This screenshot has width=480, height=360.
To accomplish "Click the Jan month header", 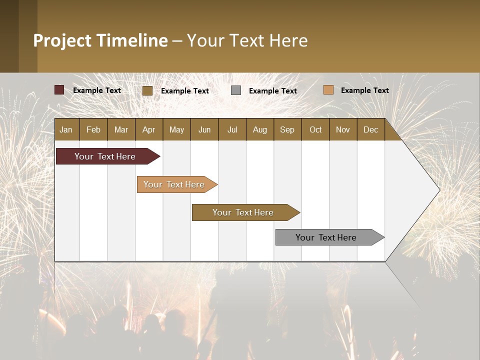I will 66,130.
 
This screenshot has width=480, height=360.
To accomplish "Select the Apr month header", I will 148,130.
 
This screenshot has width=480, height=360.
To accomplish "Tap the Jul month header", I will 232,130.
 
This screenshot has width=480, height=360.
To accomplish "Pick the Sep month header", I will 287,130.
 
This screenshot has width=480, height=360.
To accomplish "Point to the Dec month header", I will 370,130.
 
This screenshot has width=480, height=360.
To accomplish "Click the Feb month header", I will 93,130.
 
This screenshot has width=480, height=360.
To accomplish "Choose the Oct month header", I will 315,130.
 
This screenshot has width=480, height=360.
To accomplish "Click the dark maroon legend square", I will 59,90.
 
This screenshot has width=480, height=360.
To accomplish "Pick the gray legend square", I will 236,90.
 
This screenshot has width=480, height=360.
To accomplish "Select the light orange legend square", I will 328,90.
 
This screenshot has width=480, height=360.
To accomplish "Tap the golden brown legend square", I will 147,90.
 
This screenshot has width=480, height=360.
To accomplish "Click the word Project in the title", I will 62,41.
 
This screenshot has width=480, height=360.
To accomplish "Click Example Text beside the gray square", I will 272,91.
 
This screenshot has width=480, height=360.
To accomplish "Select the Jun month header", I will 204,130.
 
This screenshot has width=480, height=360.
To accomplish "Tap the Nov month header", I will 343,130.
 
